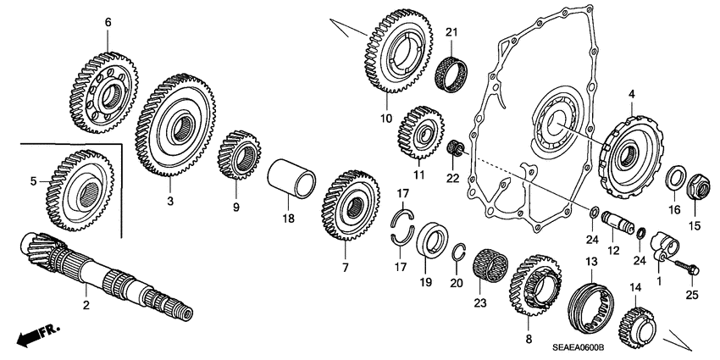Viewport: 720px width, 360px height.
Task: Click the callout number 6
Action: tap(108, 22)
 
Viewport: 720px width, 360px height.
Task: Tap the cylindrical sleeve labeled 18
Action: tap(292, 180)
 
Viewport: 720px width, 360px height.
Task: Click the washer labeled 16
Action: tap(676, 179)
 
